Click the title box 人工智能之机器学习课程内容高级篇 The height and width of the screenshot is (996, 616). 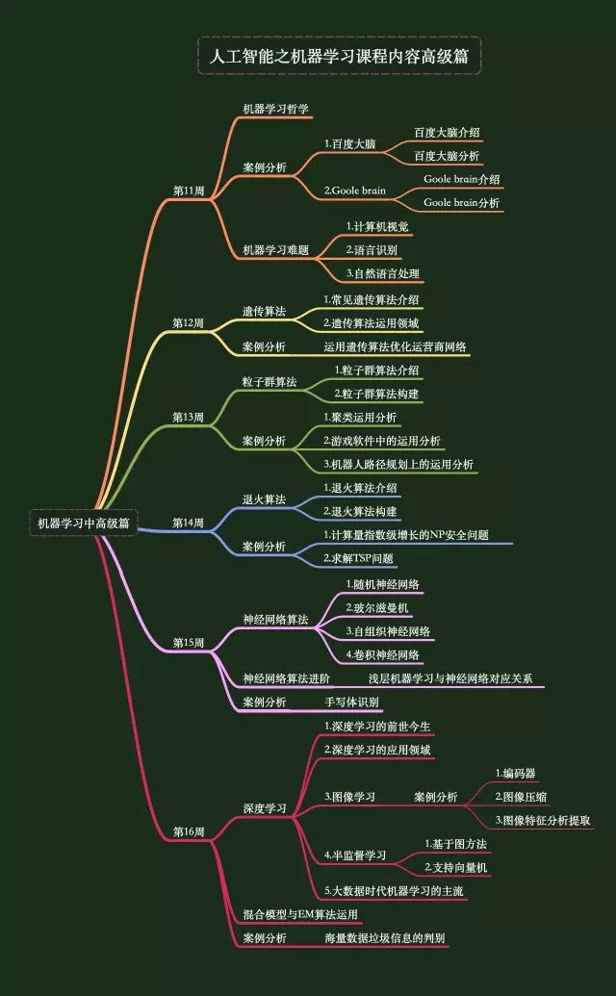[339, 56]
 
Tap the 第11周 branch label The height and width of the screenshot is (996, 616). [189, 191]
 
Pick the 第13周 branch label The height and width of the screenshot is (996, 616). [189, 417]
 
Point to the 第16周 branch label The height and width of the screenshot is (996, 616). [189, 831]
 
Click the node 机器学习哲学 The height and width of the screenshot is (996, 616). [275, 109]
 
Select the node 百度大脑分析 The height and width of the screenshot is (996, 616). [447, 155]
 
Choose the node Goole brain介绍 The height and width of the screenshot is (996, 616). [461, 179]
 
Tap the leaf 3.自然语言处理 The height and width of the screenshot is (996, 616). [382, 274]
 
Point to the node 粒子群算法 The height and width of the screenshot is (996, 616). [269, 382]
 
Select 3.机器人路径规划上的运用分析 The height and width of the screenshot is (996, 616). [398, 464]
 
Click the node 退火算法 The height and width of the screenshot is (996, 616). [264, 499]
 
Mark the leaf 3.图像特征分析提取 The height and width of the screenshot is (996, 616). [542, 821]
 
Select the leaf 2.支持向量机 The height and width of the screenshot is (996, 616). [456, 868]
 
